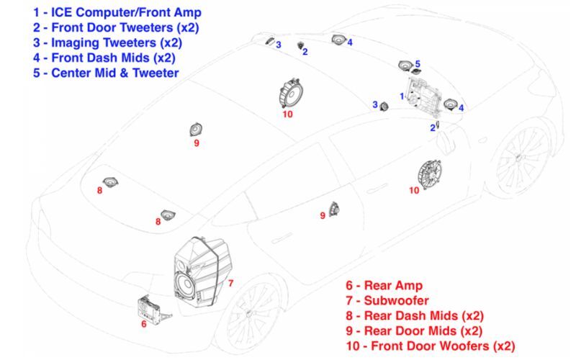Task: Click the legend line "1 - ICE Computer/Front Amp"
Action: (x=117, y=12)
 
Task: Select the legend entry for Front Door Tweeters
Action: (x=116, y=27)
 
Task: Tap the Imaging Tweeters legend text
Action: (x=107, y=42)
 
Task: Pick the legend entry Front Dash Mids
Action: (x=104, y=58)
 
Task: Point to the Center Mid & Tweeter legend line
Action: (x=106, y=73)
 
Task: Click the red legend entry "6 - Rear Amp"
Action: (x=384, y=285)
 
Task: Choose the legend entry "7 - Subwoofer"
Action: (x=387, y=300)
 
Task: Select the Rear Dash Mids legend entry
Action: (x=415, y=315)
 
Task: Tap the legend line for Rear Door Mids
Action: (x=414, y=330)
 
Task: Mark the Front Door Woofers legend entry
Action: (x=431, y=346)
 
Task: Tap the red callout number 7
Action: (x=230, y=283)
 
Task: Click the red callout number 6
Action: (x=143, y=323)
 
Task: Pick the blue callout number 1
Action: (x=402, y=96)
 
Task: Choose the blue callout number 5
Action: (x=418, y=64)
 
